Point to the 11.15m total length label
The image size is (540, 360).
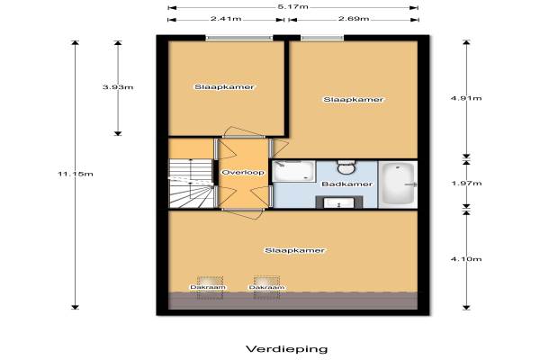pos(76,174)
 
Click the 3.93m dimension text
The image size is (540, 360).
pos(118,87)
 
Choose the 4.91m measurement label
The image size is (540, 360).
pos(466,98)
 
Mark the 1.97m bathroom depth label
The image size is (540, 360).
pos(466,184)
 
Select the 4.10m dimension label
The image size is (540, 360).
pos(466,258)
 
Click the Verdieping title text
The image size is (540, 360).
pos(287,349)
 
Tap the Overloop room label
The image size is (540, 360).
pos(243,172)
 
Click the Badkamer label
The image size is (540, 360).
pos(346,184)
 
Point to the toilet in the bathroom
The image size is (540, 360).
pos(346,167)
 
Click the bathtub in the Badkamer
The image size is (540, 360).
pos(398,184)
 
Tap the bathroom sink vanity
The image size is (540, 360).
pos(339,202)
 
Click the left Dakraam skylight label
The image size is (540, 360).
pos(208,287)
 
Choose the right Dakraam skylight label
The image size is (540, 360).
pos(267,287)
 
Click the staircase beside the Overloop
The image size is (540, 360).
pos(191,184)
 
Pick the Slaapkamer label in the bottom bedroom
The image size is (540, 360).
pos(294,250)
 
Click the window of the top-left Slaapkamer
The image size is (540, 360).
pos(239,38)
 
